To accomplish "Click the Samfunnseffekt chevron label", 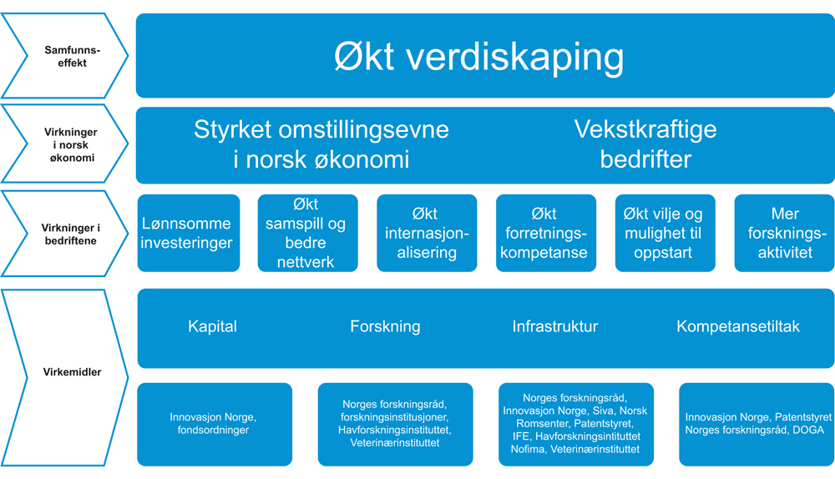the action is pos(72,57).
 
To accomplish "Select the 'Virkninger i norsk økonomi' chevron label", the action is pos(71,144).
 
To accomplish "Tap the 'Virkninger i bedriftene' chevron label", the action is pos(70,234).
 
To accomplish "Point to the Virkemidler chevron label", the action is pos(72,372).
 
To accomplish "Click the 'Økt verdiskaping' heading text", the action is pos(478,56).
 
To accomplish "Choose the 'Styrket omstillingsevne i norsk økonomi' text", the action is pos(321,144).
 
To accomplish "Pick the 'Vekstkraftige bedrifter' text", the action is pos(645,144).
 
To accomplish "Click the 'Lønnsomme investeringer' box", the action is pos(189,233).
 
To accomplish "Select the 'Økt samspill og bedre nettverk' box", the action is pos(308,233).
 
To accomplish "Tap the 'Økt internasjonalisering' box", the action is pos(427,233).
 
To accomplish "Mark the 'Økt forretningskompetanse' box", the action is pos(546,233).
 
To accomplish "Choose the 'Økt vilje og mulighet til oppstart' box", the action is pos(665,233).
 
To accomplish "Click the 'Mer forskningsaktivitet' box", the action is pos(784,233).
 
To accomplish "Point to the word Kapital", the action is pos(212,326).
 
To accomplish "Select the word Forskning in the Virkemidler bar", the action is pos(385,326).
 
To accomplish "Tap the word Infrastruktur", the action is pos(555,326).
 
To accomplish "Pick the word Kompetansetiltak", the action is pos(738,326).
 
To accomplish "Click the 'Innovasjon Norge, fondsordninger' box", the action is pos(215,424).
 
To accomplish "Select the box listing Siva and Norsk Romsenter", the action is pos(576,424).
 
